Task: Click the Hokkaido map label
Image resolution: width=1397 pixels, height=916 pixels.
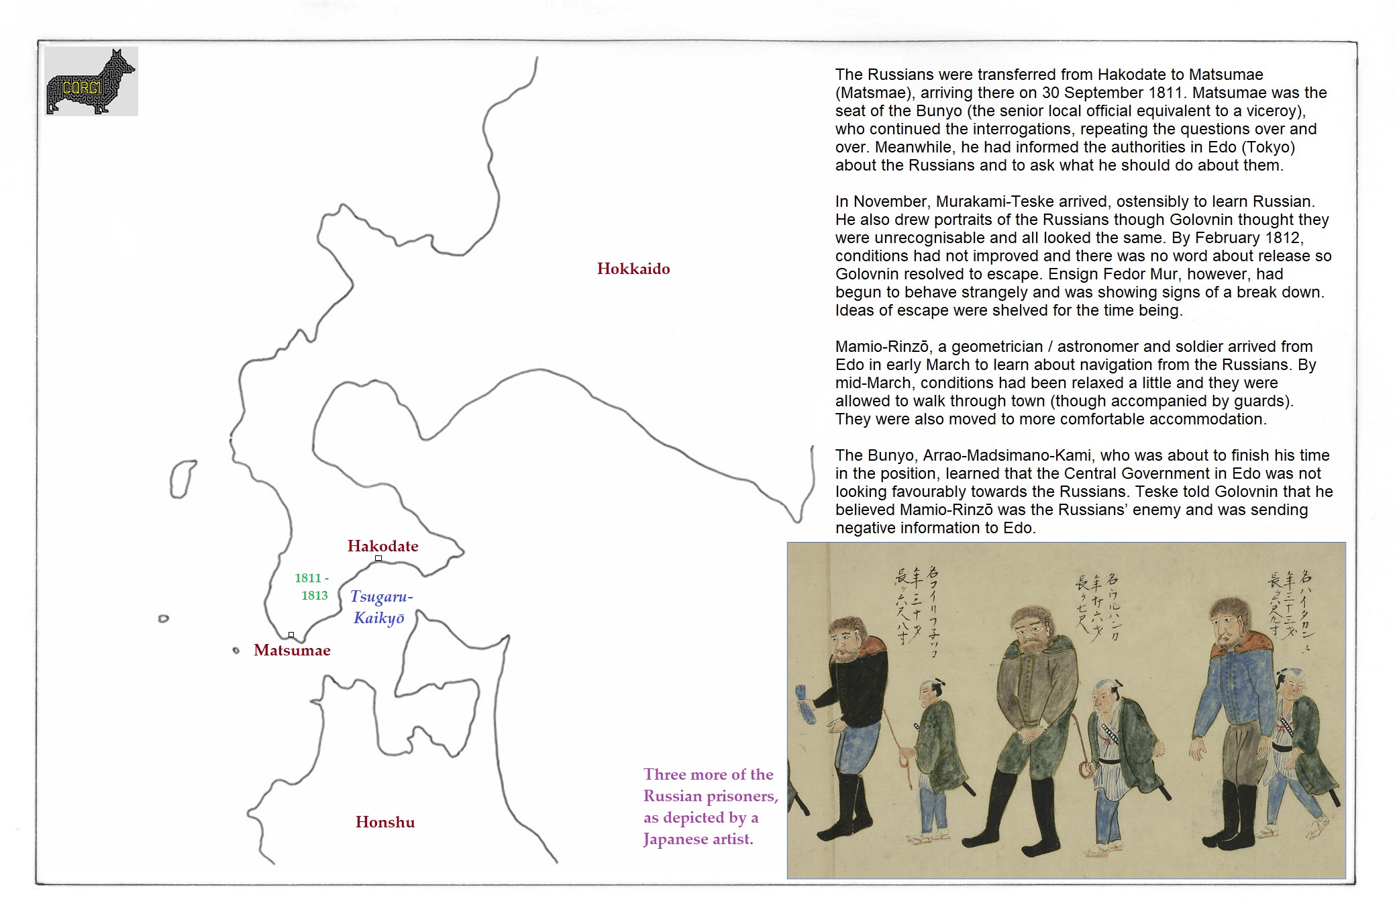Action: click(633, 269)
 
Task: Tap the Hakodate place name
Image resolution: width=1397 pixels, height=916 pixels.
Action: click(382, 546)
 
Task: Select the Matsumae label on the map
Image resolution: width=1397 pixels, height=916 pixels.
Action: click(292, 650)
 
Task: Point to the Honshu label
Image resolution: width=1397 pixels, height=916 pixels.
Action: click(385, 822)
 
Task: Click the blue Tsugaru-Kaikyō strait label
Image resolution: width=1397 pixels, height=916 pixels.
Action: click(380, 606)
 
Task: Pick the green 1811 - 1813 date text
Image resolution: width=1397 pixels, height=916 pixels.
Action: click(313, 586)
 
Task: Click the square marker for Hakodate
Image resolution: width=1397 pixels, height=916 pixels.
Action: click(378, 558)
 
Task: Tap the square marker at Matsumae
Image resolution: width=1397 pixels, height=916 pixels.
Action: click(291, 635)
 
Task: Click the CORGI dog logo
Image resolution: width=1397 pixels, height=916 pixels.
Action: click(91, 81)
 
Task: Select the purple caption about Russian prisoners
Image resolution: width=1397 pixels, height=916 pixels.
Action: click(710, 806)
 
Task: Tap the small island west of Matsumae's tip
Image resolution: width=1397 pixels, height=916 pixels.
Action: click(236, 650)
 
